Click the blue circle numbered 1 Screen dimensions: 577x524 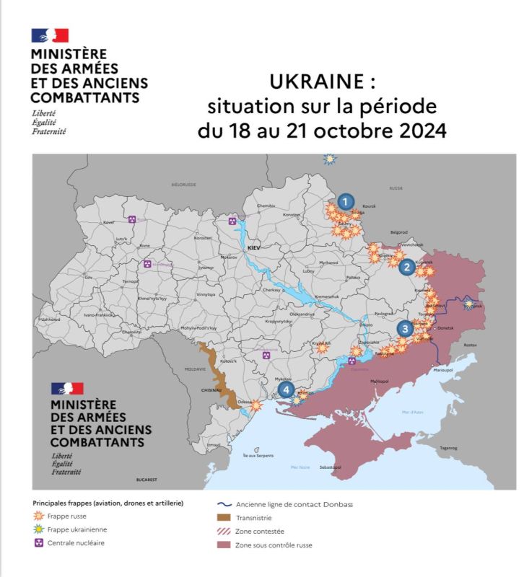click(x=346, y=202)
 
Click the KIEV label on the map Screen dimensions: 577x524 click(x=253, y=247)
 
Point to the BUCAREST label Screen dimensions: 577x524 click(x=146, y=480)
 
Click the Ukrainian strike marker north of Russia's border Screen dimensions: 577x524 click(x=330, y=159)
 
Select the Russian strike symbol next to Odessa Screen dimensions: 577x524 click(x=256, y=405)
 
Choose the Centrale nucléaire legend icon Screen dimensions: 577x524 click(x=38, y=542)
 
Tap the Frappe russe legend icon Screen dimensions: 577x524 click(x=38, y=516)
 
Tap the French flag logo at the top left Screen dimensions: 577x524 click(x=50, y=35)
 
